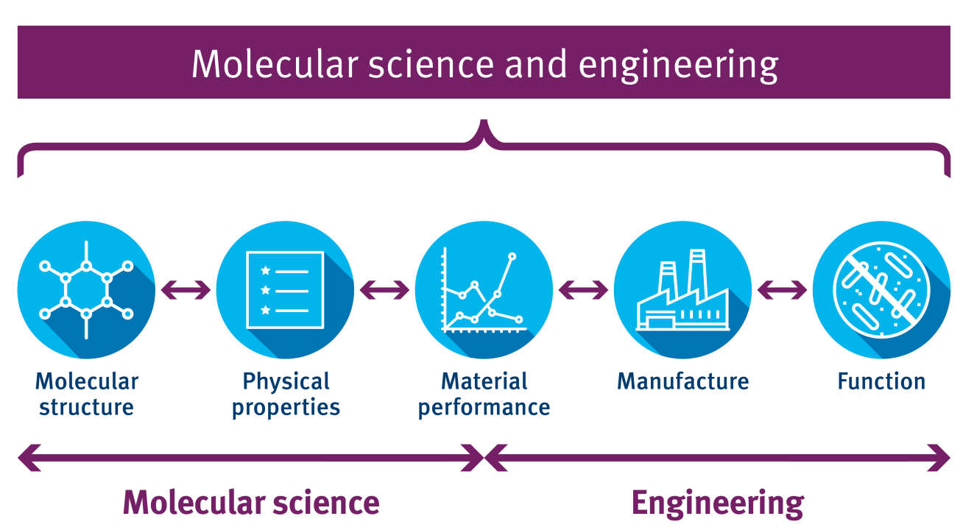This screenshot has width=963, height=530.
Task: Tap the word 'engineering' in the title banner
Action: (x=678, y=66)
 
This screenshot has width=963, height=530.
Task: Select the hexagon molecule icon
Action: (x=86, y=290)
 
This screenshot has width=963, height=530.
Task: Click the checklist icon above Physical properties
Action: (x=285, y=290)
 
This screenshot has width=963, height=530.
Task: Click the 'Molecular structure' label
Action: (x=86, y=394)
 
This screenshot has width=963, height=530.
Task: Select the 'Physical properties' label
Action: (x=286, y=394)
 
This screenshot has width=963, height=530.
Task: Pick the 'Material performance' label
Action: (x=484, y=394)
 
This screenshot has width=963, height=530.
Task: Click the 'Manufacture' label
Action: (x=682, y=381)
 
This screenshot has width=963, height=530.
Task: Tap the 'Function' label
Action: (x=881, y=381)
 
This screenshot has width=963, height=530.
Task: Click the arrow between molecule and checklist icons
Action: (x=186, y=290)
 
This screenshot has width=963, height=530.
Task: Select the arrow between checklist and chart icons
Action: (x=384, y=290)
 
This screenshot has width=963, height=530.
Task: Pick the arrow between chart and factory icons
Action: (x=583, y=290)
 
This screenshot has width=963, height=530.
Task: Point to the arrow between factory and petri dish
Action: (x=782, y=290)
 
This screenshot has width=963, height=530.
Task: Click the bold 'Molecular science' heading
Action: (x=251, y=503)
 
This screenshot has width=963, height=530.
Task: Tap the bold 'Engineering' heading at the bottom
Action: (x=717, y=503)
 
